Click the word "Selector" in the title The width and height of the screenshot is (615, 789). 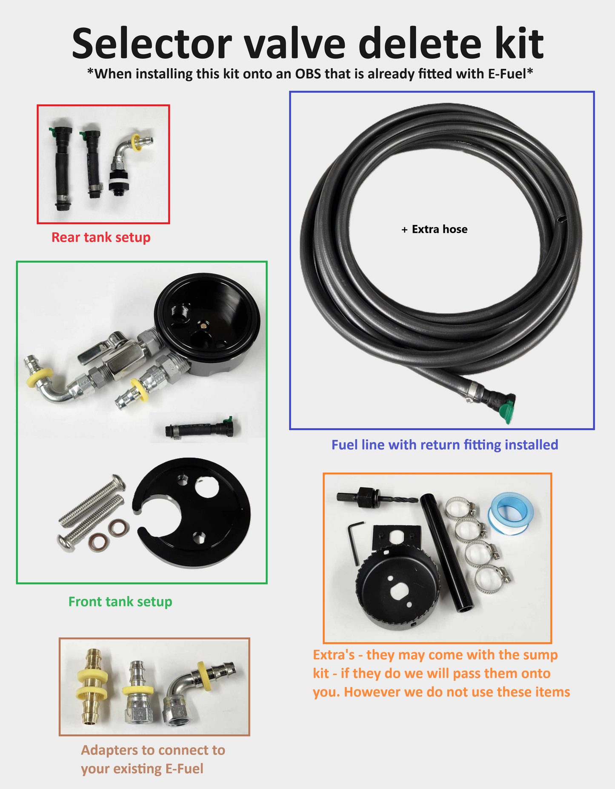[152, 44]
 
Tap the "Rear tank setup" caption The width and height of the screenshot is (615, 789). [101, 237]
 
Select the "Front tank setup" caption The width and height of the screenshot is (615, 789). [120, 602]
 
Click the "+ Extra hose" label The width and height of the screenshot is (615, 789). [435, 230]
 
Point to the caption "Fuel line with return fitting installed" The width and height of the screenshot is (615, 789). [444, 445]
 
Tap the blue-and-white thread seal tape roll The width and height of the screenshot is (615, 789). [510, 513]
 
